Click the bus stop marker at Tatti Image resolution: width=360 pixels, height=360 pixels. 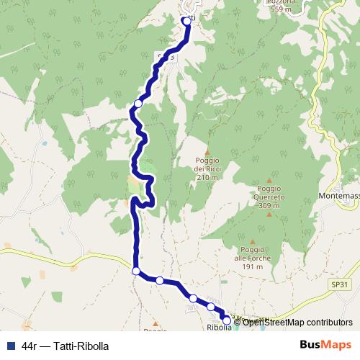click(187, 21)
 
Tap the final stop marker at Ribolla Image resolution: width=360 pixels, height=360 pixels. click(227, 320)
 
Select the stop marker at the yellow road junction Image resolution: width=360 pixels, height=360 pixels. click(136, 271)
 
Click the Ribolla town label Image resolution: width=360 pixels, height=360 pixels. click(219, 328)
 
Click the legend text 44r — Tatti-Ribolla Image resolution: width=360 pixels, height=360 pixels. click(65, 346)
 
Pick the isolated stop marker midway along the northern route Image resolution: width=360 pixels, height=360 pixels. click(138, 104)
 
